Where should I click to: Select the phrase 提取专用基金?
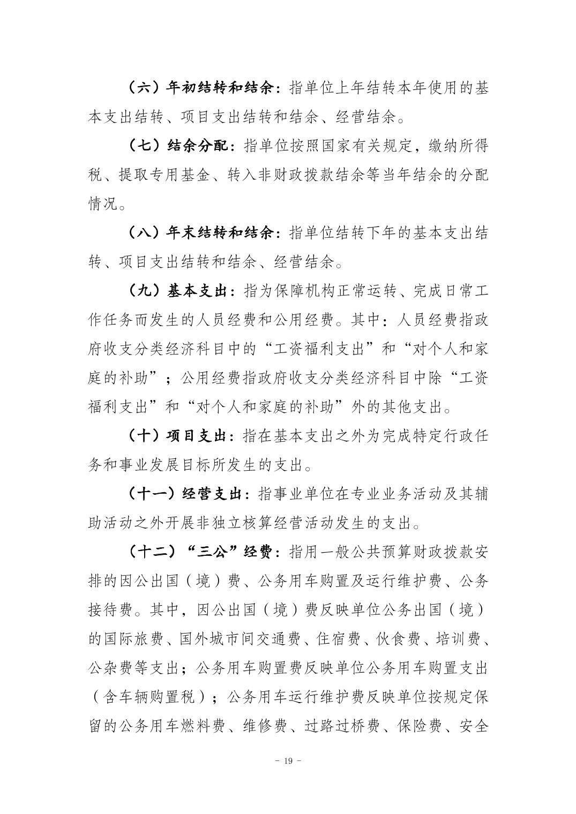pos(156,175)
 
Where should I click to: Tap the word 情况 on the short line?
pos(103,204)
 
